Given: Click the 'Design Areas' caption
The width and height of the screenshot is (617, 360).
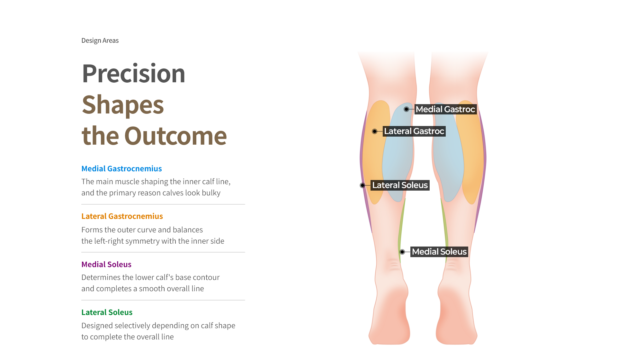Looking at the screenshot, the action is tap(100, 40).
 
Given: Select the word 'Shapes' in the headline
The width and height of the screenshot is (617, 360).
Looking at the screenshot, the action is tap(123, 105).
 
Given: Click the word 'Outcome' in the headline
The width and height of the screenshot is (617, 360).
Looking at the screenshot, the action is tap(175, 136).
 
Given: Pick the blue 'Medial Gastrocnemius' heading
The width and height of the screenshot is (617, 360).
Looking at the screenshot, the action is tap(121, 168).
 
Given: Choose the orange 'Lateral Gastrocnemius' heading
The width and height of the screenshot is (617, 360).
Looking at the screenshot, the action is tap(122, 216).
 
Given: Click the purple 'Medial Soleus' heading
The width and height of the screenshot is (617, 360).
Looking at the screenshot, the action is tap(106, 264).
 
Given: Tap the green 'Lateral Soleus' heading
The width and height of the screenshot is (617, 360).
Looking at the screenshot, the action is tap(107, 312).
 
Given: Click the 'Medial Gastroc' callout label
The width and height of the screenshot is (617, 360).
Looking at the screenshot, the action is tap(445, 109).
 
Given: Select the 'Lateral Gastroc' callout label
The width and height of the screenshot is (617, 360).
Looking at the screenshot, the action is tap(414, 131).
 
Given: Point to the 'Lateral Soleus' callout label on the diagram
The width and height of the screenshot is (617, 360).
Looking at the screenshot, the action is tap(400, 185).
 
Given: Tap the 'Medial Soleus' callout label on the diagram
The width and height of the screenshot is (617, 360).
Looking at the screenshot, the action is tap(439, 252).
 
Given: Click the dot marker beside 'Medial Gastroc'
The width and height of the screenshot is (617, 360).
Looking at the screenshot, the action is tap(407, 109).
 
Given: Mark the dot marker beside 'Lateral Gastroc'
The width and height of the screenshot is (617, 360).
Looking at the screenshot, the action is tap(375, 131).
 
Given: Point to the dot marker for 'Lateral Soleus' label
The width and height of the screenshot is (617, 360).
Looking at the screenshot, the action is tap(362, 185).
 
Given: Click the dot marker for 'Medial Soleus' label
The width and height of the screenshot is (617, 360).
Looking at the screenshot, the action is tap(402, 252).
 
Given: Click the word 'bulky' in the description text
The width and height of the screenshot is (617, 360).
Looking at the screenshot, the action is tap(211, 193).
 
